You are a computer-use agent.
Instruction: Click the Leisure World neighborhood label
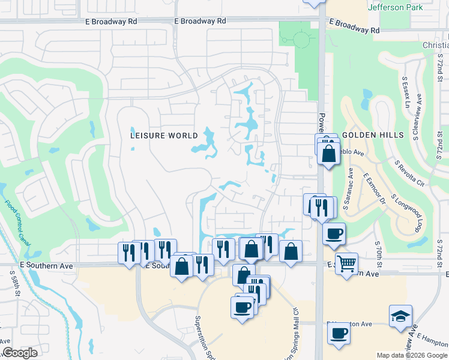(164, 136)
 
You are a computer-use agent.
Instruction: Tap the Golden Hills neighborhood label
(373, 136)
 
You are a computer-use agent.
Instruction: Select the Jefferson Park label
(395, 7)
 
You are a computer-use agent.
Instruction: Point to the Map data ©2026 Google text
(412, 355)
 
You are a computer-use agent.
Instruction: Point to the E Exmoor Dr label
(374, 188)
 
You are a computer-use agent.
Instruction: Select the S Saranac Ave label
(349, 188)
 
